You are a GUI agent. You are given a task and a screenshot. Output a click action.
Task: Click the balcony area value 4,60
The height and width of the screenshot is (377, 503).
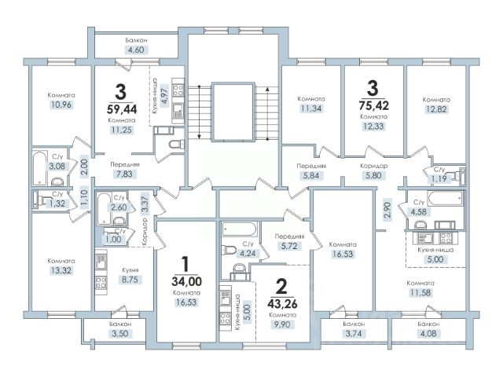point(136,50)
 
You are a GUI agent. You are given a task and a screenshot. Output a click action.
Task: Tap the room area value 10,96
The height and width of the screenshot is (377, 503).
point(61,104)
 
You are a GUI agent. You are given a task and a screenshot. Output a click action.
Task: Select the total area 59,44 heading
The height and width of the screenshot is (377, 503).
point(122,109)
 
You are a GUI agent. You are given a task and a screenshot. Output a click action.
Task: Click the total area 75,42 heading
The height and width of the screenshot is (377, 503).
point(374,105)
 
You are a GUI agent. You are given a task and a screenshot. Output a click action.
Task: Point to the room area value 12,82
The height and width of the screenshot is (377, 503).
point(436,109)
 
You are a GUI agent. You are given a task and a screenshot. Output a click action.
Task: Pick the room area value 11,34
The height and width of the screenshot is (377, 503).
point(311,108)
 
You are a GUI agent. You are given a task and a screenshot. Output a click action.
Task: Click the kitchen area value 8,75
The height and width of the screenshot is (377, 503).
point(130,280)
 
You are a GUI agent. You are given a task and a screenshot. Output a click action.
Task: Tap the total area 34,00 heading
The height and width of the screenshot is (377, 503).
point(187,281)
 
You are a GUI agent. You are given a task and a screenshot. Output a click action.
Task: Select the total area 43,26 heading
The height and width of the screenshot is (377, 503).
point(282,303)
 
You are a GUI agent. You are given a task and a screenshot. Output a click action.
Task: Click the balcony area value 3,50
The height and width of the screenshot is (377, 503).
point(120,333)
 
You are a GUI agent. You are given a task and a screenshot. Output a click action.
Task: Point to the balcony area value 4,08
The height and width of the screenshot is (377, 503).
point(428,334)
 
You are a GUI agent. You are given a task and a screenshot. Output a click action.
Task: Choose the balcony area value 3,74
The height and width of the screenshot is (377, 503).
point(354,334)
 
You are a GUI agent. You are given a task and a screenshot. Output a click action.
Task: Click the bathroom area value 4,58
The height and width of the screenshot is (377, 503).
point(418,212)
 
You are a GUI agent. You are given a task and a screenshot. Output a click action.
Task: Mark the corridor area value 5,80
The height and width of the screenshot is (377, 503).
point(374,176)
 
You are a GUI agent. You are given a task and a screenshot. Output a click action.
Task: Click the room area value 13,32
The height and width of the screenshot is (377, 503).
point(61,270)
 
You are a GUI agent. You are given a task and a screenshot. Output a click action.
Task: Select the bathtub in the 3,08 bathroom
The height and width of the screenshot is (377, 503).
point(40,168)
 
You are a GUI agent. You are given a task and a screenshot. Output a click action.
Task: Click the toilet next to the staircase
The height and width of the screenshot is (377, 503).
point(177,145)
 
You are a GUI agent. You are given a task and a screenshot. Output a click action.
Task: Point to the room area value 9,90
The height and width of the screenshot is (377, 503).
point(282,324)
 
